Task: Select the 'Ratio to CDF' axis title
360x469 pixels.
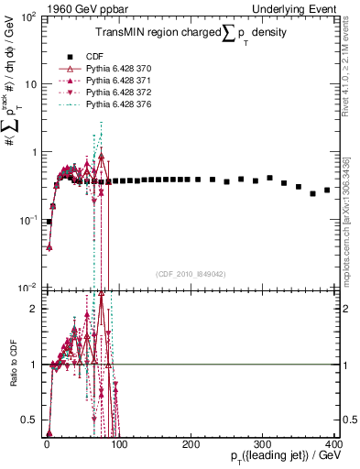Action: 11,377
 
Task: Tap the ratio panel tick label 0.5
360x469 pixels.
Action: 31,420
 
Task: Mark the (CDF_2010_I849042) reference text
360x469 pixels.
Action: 191,273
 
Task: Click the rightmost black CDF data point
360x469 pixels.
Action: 327,191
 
